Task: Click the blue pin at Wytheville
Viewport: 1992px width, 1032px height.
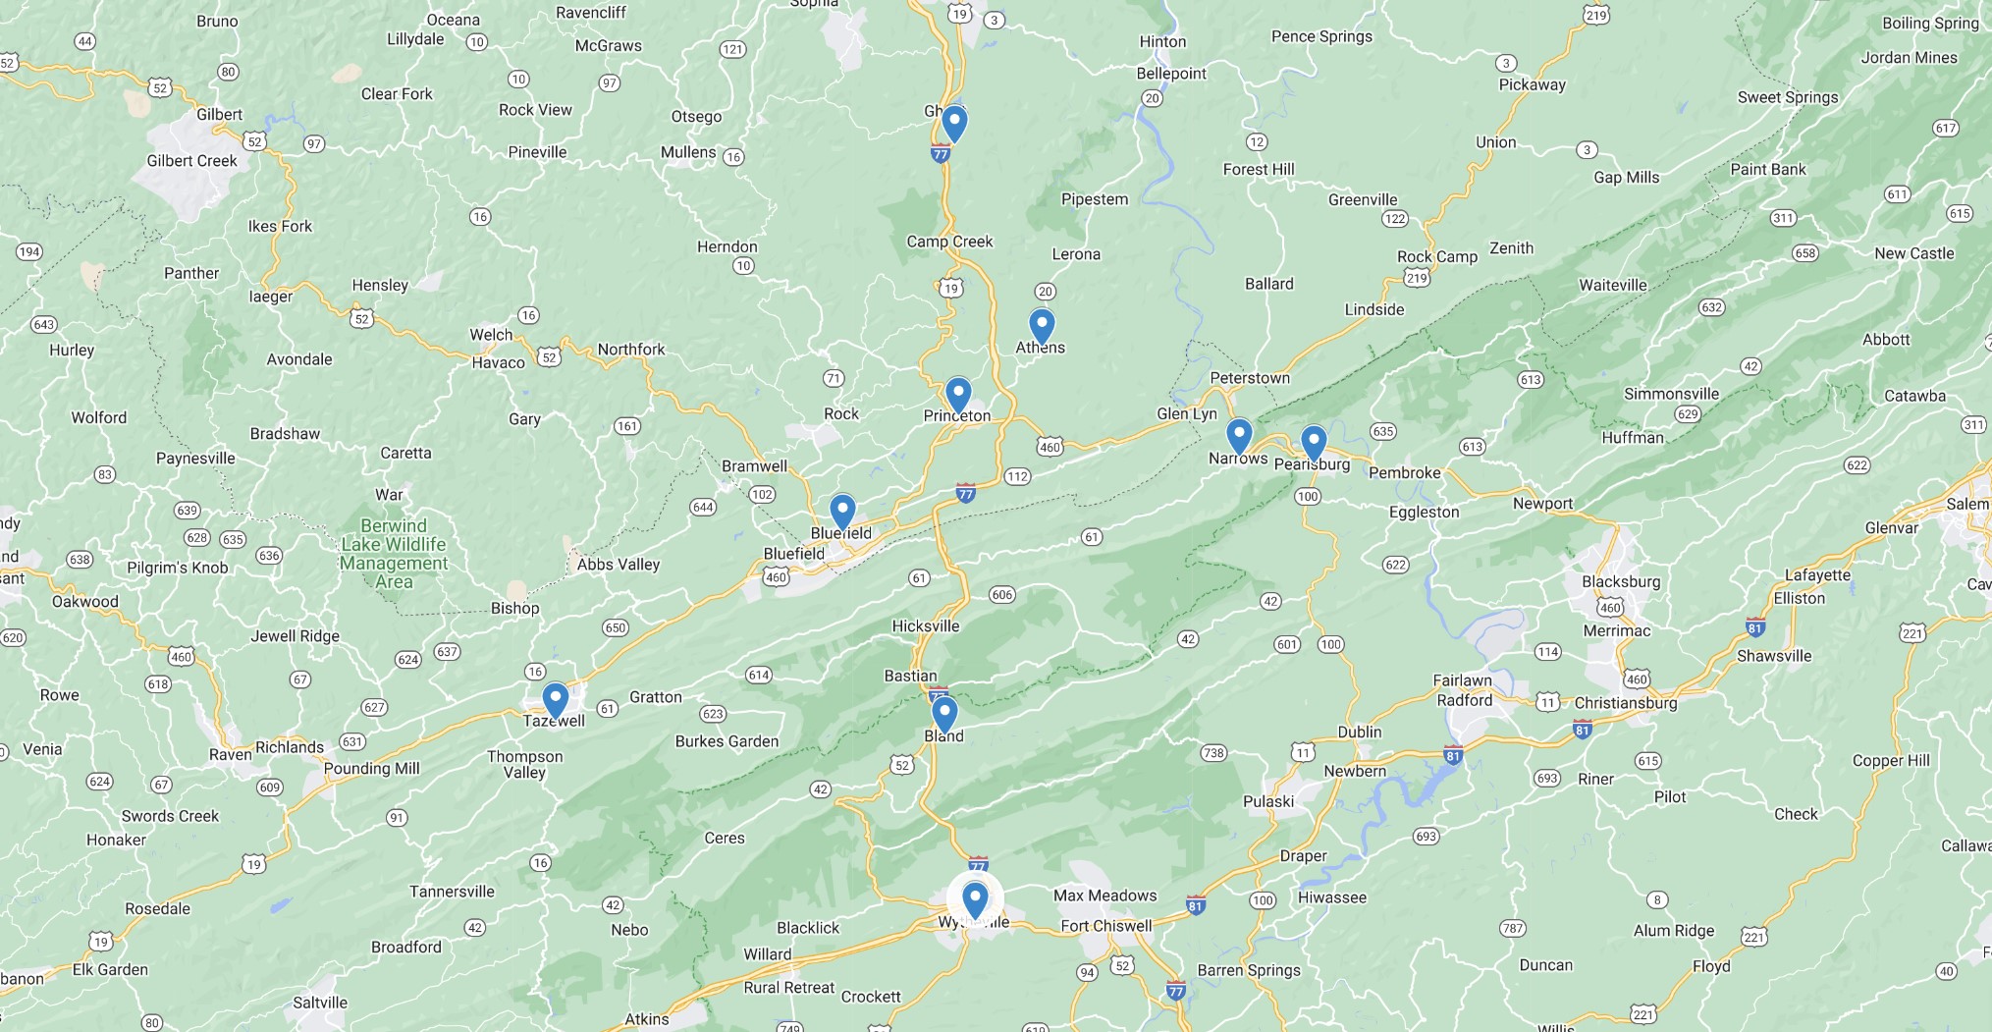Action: coord(975,898)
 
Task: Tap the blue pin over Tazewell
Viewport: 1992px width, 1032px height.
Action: coord(556,700)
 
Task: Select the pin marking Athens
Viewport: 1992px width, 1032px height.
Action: coord(1042,325)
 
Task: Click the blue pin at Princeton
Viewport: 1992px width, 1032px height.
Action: coord(958,395)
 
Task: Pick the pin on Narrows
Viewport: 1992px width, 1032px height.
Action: coord(1239,434)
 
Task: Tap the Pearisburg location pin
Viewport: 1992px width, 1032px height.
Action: coord(1314,442)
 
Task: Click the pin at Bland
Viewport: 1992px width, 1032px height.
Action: coord(944,713)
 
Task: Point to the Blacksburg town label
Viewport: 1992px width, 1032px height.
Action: coord(1621,581)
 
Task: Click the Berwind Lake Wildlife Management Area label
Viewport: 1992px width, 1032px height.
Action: coord(394,553)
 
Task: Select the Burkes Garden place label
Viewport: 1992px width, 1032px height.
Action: coord(727,741)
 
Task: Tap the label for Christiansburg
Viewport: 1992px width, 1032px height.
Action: coord(1626,703)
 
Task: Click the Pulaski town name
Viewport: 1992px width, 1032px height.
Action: coord(1268,801)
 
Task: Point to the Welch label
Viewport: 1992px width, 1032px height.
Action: coord(491,334)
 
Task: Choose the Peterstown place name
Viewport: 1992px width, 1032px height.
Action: coord(1250,378)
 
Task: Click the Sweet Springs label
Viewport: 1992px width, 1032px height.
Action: coord(1788,97)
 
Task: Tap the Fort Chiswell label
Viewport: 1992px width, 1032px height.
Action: coord(1106,926)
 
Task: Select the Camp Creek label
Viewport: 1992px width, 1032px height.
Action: coord(949,242)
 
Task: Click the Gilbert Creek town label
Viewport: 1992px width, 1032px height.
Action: coord(191,161)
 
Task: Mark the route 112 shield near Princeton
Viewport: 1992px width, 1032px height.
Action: coord(1017,476)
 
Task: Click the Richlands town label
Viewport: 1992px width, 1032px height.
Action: coord(290,747)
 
